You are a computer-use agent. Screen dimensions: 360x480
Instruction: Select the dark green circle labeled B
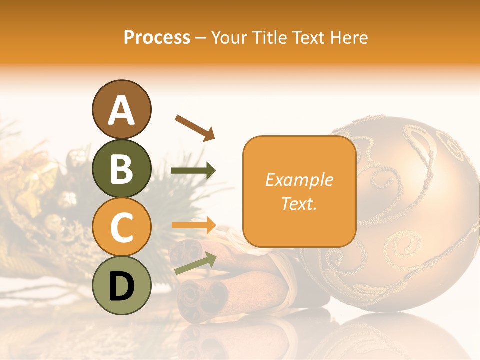coord(121,168)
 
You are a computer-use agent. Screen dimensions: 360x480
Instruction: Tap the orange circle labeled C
coord(121,227)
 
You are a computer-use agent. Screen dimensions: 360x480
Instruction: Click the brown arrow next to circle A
coord(195,127)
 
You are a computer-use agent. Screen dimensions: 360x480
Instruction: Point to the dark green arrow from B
coord(193,171)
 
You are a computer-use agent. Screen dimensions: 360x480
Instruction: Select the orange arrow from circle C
coord(194,225)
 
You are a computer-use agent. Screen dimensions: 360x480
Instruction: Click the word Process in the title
coord(157,37)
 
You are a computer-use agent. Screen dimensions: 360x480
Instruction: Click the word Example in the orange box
coord(299,180)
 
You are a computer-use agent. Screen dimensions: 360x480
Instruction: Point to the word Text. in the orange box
coord(299,203)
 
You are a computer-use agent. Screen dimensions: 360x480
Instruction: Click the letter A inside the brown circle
coord(121,111)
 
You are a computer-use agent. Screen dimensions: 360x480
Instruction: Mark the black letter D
coord(121,286)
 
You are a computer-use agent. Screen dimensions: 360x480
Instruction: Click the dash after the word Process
coord(201,38)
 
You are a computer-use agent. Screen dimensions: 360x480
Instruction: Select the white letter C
coord(121,228)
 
